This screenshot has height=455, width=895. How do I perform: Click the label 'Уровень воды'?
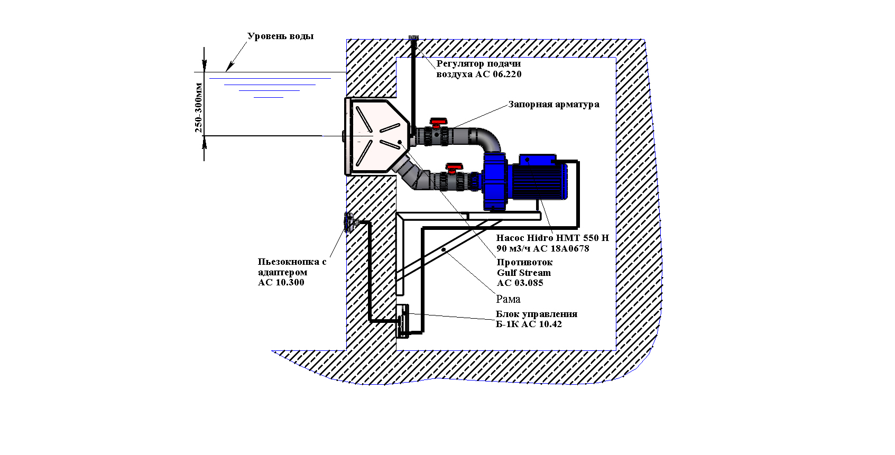[x=280, y=36]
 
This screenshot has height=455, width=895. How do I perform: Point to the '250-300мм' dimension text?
[x=199, y=107]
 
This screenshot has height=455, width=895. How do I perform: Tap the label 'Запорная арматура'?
[x=553, y=104]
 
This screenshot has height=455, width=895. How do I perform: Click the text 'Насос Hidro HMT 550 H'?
[x=552, y=238]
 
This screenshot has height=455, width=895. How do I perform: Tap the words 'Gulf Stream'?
[x=523, y=273]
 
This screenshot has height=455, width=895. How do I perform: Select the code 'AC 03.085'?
[x=520, y=283]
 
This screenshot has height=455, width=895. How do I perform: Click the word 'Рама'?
[x=508, y=300]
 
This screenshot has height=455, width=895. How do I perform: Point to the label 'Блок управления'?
[x=536, y=314]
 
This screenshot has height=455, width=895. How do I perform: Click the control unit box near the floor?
[x=403, y=321]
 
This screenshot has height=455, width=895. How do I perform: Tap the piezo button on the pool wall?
[x=349, y=222]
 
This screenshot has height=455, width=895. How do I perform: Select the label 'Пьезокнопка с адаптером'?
[x=292, y=267]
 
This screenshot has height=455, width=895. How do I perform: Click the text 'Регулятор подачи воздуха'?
[x=478, y=69]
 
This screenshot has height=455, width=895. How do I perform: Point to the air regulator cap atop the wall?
[x=413, y=38]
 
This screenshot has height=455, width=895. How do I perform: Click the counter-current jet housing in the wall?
[x=375, y=136]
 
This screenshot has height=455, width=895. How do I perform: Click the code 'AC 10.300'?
[x=281, y=282]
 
